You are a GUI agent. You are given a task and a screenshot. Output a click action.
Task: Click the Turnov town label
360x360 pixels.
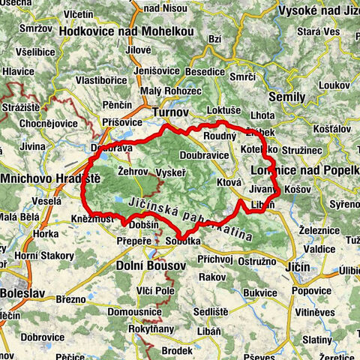coord(169,112)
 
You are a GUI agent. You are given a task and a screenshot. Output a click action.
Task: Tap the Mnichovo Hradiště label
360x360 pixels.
coord(50,180)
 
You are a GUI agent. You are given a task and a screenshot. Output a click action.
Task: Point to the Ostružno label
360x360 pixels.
coord(256,259)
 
